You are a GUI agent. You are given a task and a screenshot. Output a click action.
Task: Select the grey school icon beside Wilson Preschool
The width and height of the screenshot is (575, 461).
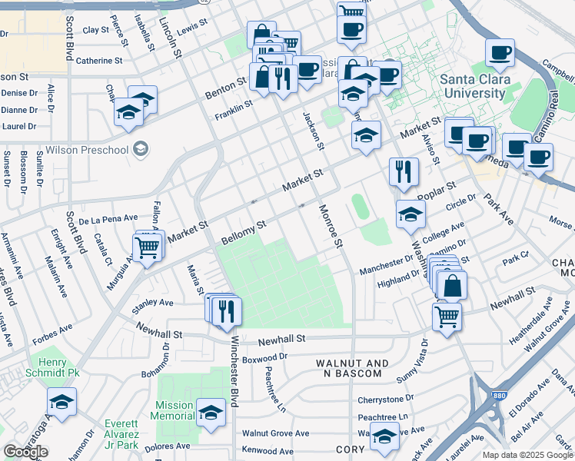coord(141,149)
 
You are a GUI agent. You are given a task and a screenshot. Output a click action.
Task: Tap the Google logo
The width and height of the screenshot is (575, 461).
coord(25,451)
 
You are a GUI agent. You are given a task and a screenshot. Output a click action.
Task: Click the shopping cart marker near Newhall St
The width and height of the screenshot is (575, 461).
coord(447,316)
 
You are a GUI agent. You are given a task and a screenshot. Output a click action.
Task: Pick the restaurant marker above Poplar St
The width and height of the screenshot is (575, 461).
coord(403,171)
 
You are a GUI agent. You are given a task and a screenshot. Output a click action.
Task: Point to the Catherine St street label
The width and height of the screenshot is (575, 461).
coord(99,60)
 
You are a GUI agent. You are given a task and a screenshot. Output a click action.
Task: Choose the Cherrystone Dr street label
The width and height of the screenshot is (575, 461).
coord(385,400)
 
